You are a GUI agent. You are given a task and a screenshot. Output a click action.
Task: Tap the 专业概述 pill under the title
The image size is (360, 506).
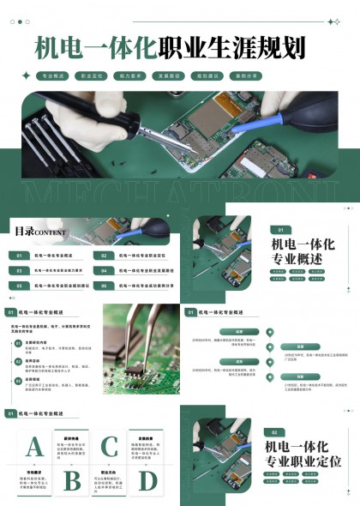tap(54, 76)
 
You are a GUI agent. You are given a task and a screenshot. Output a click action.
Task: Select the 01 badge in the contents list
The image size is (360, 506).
tap(19, 256)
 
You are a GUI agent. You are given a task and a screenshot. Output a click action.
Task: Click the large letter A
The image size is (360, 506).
tap(35, 447)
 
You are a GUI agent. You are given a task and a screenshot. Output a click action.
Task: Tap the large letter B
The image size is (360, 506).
tap(73, 479)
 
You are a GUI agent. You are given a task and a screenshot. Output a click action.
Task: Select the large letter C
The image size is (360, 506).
tap(110, 447)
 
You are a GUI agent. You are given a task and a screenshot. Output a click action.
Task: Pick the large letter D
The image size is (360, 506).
tap(147, 479)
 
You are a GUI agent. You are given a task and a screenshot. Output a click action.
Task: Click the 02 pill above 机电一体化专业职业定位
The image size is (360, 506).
tap(274, 432)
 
